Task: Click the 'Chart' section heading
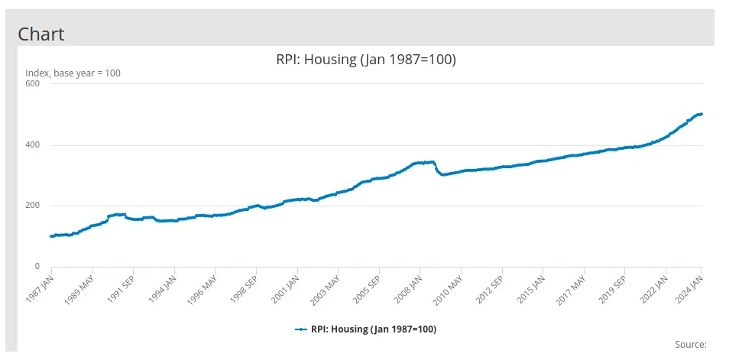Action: click(x=40, y=34)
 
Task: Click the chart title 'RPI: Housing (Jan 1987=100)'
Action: click(x=365, y=60)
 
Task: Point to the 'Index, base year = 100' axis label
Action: click(x=73, y=73)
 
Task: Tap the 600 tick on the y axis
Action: click(x=32, y=83)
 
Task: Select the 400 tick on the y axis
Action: click(x=32, y=144)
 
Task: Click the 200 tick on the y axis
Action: click(x=32, y=206)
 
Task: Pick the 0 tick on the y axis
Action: click(x=37, y=266)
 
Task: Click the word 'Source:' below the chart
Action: click(x=691, y=345)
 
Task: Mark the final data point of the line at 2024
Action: click(x=701, y=114)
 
